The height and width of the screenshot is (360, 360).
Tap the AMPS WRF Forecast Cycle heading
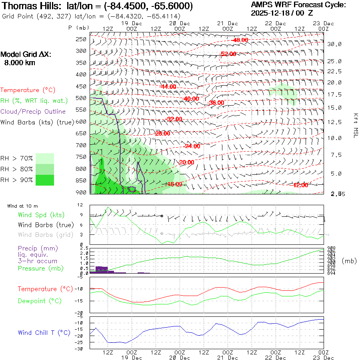298,5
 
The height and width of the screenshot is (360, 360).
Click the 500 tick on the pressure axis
81,98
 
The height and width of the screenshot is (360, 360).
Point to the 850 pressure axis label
81,180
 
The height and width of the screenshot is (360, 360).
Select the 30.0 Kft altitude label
334,44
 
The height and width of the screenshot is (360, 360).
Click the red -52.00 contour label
228,54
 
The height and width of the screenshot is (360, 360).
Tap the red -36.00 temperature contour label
217,103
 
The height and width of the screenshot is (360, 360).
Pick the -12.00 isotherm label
300,185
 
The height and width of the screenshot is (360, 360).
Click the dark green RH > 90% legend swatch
45,180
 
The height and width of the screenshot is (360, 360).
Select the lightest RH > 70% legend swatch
45,158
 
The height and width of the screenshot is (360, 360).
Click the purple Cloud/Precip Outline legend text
33,112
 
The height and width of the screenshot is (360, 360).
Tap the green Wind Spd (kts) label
41,215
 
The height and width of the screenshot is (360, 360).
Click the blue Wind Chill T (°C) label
44,332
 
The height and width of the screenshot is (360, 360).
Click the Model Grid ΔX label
26,55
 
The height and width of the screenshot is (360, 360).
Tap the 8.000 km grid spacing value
20,63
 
